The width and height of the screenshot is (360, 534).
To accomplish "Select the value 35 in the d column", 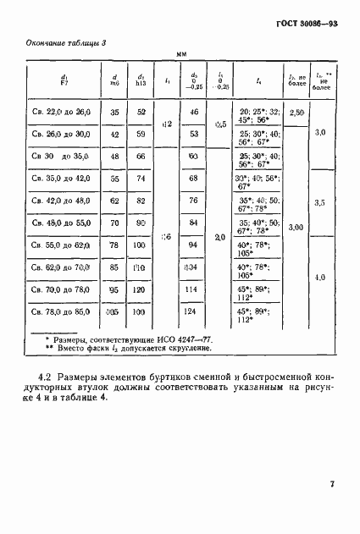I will [x=114, y=112].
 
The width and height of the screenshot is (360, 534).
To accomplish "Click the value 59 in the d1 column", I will [x=141, y=134].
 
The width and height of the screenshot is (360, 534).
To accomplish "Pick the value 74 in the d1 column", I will [x=141, y=179].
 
